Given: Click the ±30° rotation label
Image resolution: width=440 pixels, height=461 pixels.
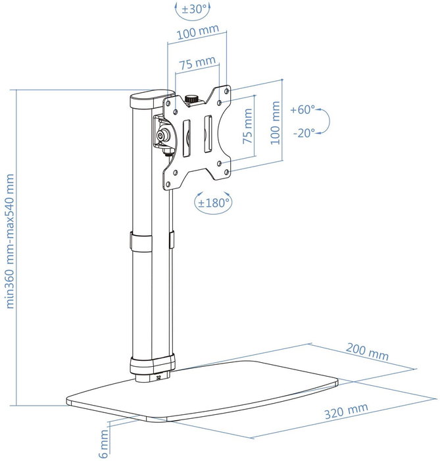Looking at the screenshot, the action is [x=194, y=9].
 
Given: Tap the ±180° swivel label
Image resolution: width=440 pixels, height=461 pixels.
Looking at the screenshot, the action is [x=213, y=203].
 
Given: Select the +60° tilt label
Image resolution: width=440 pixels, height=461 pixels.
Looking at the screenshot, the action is [x=303, y=110].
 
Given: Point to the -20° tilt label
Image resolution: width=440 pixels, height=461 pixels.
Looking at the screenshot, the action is [x=304, y=133].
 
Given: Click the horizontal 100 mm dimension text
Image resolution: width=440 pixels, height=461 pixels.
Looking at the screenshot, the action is [x=198, y=32].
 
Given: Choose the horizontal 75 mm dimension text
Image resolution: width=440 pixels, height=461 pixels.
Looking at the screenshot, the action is [x=197, y=63].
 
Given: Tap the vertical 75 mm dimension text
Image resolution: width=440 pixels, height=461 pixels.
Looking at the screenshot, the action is [x=248, y=126].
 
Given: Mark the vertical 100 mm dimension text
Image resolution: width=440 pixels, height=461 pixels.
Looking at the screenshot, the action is [x=275, y=123].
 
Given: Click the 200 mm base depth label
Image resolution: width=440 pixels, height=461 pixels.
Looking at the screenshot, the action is [x=367, y=352].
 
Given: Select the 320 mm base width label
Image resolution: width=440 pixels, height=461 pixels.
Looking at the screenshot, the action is [x=346, y=411].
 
